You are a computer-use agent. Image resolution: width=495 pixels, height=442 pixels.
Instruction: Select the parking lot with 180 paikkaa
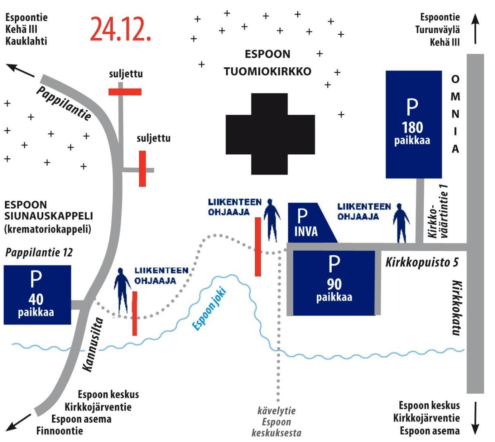pos(413,124)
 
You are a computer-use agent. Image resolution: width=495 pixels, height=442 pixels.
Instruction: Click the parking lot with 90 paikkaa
pos(334,283)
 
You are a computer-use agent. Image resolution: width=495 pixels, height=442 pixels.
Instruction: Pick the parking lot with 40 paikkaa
pos(37,295)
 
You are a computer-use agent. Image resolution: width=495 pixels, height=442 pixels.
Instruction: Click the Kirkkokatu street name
pos(455,308)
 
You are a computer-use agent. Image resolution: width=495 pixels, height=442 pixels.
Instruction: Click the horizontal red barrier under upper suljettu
pos(125,92)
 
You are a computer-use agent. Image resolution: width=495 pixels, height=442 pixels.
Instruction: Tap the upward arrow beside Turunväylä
pos(476,29)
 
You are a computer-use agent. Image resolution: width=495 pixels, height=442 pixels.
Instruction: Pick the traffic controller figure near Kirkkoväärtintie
pos(400,223)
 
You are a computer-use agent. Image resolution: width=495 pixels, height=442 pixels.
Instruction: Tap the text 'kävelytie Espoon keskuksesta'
pos(276,422)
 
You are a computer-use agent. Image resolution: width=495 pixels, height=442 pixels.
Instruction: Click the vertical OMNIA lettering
pos(455,114)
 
